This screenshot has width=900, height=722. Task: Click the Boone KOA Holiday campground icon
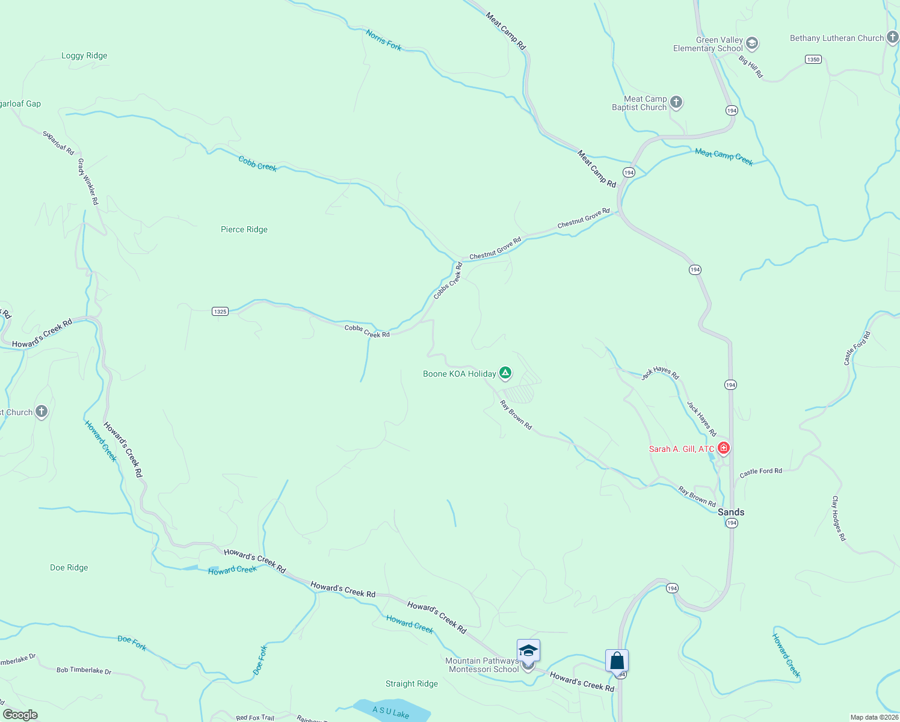(x=505, y=374)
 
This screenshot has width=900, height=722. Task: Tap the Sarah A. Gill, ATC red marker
(x=724, y=448)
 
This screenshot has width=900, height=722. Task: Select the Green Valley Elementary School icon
(x=751, y=44)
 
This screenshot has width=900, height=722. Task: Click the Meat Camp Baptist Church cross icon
(x=676, y=102)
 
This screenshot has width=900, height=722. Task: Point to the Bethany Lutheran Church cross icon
(x=893, y=38)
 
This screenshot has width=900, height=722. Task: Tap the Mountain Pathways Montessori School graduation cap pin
(x=528, y=652)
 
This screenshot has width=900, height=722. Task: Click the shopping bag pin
(x=617, y=661)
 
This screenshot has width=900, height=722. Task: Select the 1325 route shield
(x=220, y=311)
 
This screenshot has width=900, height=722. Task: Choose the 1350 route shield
(x=813, y=59)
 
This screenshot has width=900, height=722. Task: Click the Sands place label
(x=731, y=512)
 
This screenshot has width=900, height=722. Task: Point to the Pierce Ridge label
(x=244, y=229)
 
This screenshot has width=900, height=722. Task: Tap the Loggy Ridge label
(x=84, y=55)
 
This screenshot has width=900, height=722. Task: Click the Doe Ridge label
(x=69, y=567)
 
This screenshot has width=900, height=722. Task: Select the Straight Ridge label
(x=411, y=683)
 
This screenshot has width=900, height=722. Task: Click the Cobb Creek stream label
(x=257, y=163)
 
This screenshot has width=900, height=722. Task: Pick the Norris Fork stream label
(x=383, y=40)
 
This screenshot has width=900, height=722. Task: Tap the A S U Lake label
(x=390, y=712)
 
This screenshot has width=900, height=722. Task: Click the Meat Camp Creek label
(x=724, y=156)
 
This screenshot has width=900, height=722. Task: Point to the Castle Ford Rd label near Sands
(x=760, y=472)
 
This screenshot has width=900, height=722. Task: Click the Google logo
(x=20, y=715)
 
